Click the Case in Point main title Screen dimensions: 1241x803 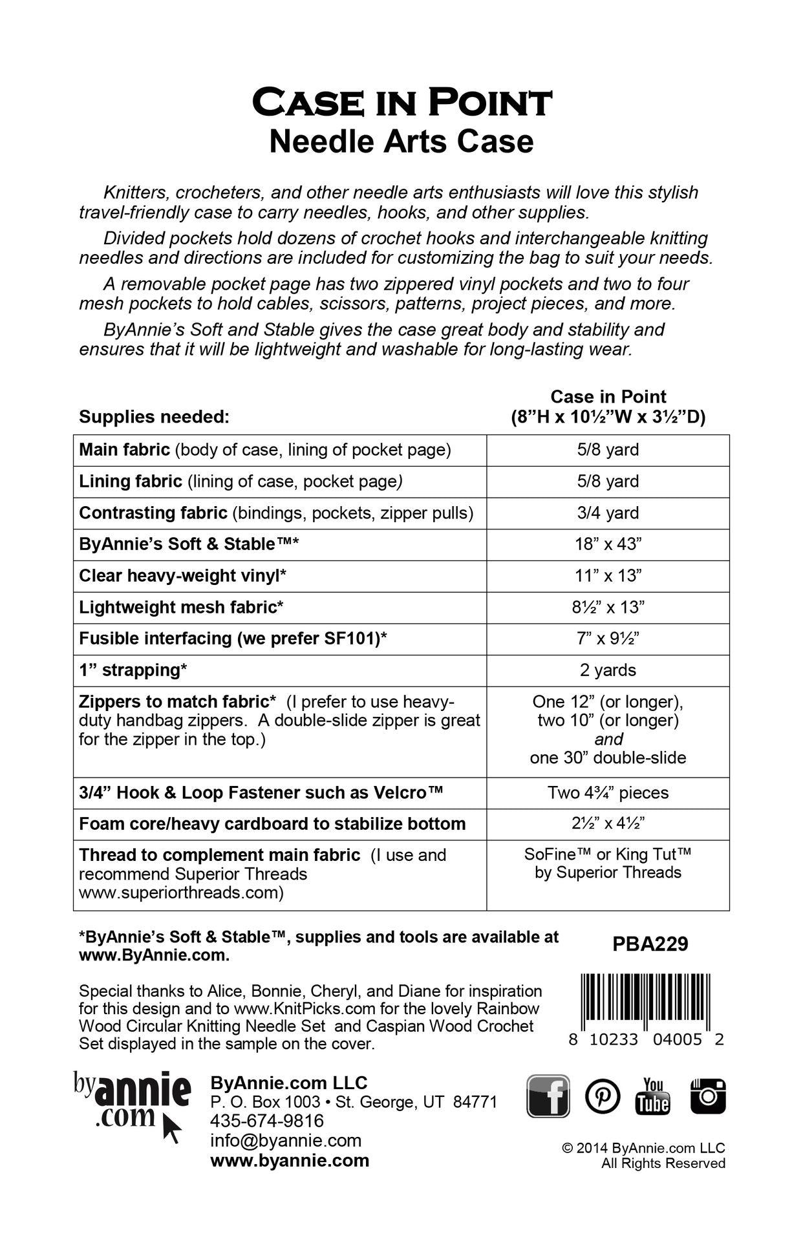[401, 103]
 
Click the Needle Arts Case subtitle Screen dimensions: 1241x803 [401, 142]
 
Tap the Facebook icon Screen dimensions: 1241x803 [548, 1096]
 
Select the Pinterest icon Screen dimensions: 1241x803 [603, 1096]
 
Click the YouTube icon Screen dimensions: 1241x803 [653, 1096]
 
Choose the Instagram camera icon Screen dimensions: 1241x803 [708, 1096]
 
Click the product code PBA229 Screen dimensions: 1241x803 [650, 944]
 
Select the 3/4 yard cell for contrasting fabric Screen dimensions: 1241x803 [608, 513]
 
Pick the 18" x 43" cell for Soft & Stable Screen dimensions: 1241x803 [608, 544]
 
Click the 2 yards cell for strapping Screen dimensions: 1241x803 [608, 670]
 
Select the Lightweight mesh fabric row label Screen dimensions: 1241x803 [182, 608]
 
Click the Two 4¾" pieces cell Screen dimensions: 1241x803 [608, 793]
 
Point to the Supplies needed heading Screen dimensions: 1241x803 [154, 417]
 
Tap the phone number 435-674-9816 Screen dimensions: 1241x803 [267, 1121]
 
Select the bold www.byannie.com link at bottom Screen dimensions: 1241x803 [290, 1160]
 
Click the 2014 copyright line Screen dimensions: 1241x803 [643, 1148]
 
